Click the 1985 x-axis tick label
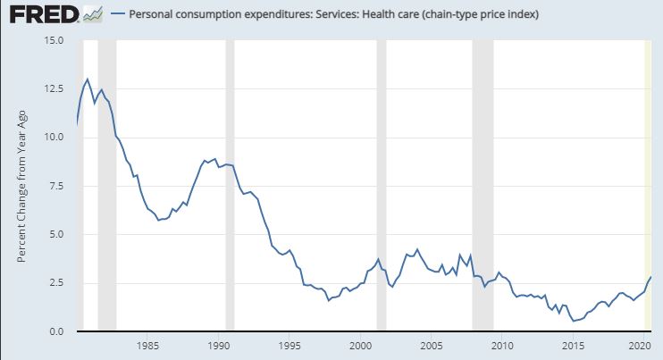pos(148,345)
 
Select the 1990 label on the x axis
pos(219,345)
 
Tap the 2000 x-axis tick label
pos(360,345)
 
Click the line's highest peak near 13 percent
pos(88,80)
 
